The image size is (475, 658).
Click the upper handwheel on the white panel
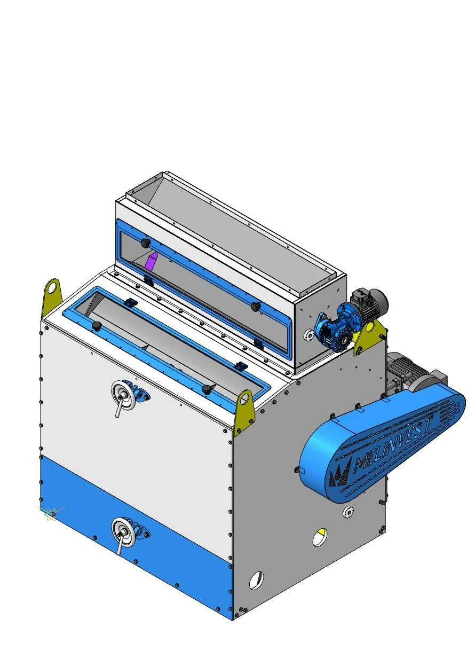pyautogui.click(x=123, y=395)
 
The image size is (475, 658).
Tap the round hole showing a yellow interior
pyautogui.click(x=320, y=536)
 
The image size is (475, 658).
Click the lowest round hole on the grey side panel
pyautogui.click(x=256, y=579)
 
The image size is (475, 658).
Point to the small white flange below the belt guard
pyautogui.click(x=348, y=511)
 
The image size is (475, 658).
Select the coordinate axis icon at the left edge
pyautogui.click(x=51, y=514)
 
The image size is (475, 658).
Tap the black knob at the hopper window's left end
pyautogui.click(x=145, y=242)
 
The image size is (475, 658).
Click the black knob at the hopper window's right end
pyautogui.click(x=256, y=306)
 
